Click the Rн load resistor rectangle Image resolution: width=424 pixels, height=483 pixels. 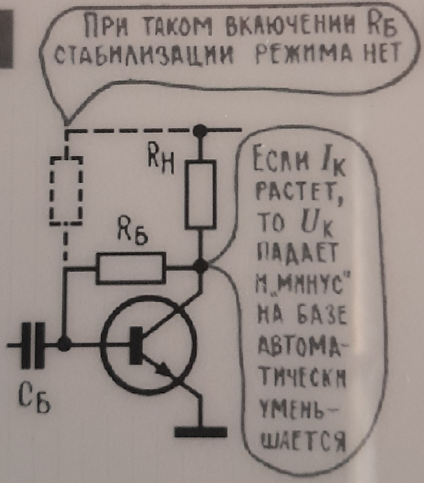coord(200,195)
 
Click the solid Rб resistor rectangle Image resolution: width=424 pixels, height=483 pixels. coord(130,269)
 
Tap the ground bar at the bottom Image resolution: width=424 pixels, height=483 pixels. coord(201,432)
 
